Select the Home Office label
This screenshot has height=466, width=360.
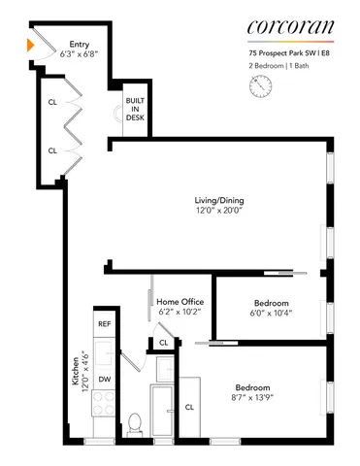click(x=180, y=302)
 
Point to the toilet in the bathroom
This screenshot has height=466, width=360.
click(x=137, y=424)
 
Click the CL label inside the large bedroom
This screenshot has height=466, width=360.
click(x=190, y=407)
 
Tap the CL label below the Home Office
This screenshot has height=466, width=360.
click(x=164, y=343)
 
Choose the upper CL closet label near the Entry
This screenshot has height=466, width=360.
click(x=52, y=100)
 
